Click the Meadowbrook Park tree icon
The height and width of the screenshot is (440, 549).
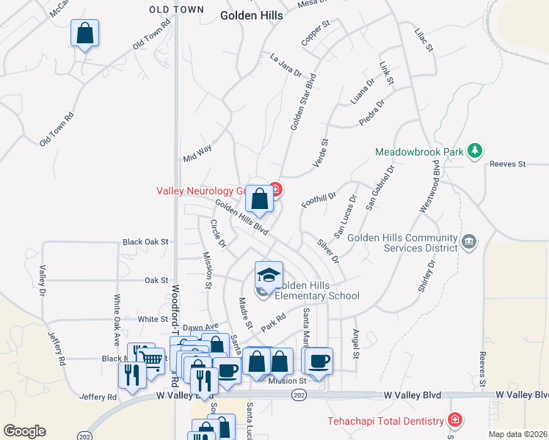(476, 150)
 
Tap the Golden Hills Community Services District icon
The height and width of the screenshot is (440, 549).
(468, 241)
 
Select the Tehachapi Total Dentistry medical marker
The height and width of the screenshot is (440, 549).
(455, 420)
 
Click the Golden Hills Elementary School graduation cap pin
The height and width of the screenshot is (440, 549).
(269, 275)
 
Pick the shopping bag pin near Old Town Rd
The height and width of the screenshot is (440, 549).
(85, 33)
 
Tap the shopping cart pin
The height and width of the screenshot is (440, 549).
(151, 359)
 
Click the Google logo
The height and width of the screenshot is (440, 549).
(24, 431)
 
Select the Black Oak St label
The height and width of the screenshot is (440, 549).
(146, 241)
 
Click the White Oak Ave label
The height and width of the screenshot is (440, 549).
(116, 320)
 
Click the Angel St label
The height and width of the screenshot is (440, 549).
(355, 343)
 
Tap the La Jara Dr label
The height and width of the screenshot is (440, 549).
(286, 65)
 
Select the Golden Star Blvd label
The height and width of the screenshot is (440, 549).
(302, 101)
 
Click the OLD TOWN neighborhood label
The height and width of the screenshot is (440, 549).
(175, 10)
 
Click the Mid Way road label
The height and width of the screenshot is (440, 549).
(197, 153)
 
